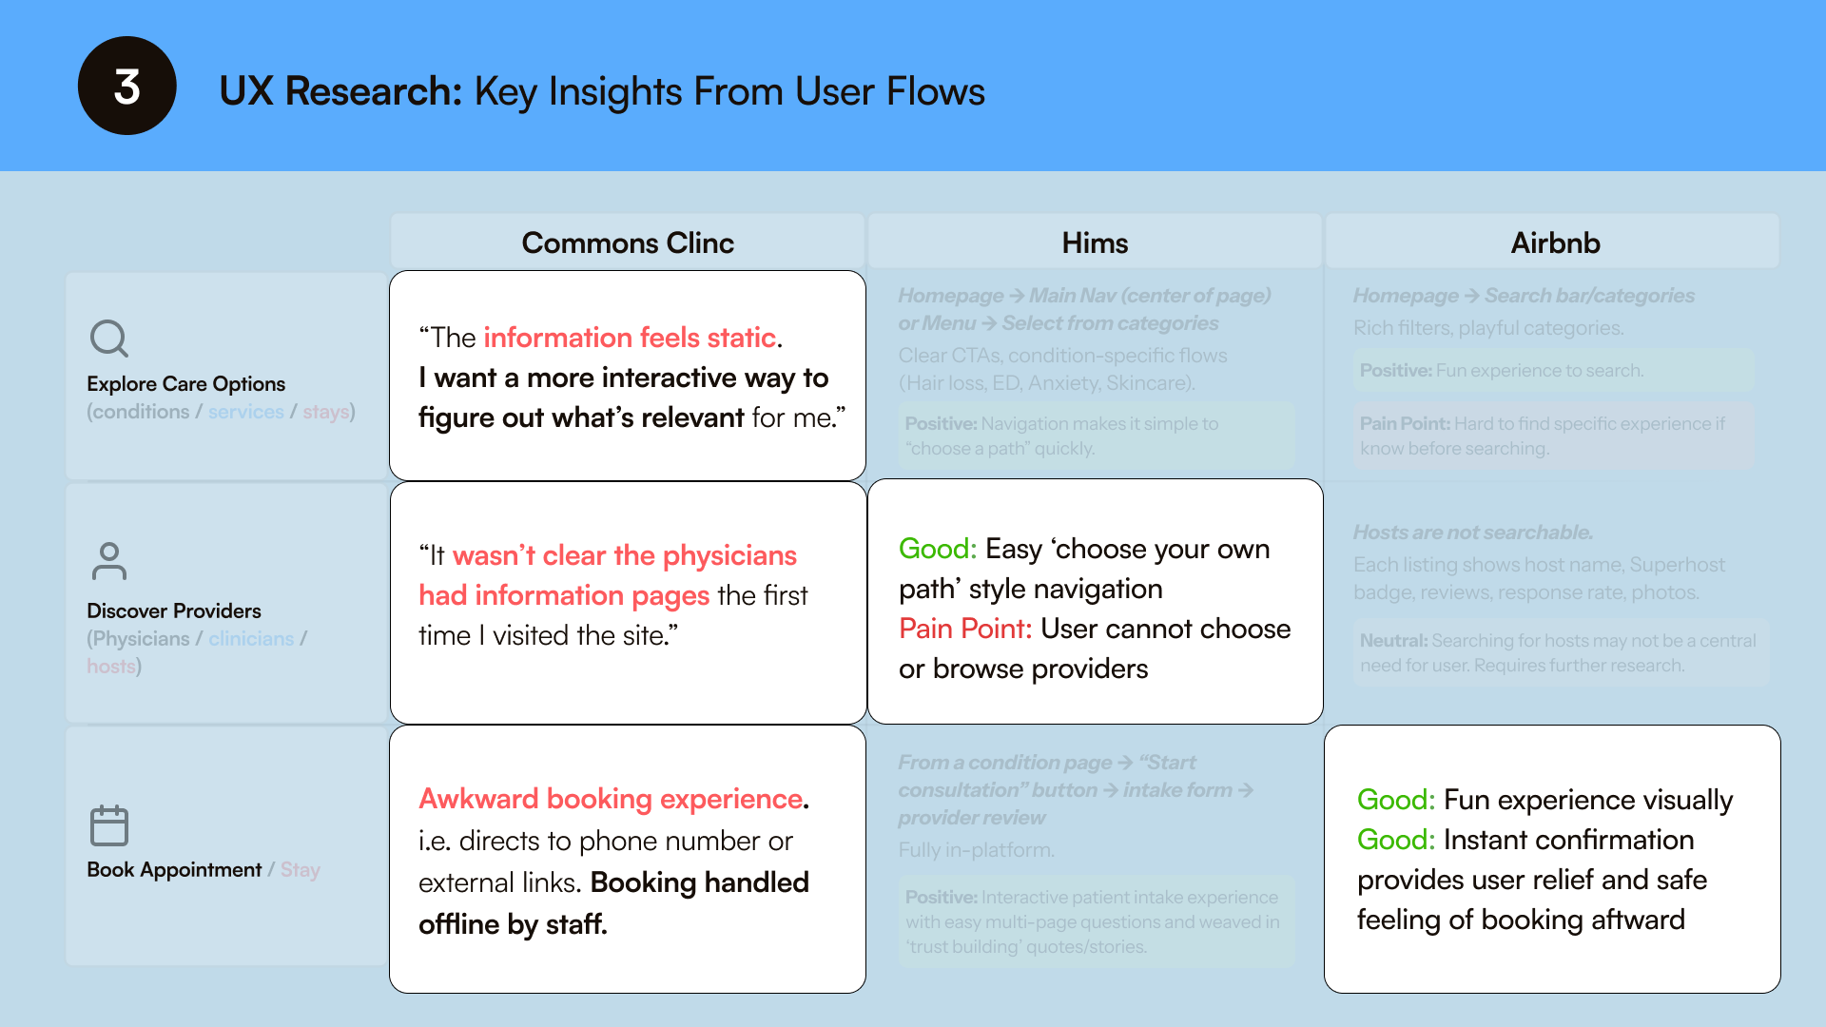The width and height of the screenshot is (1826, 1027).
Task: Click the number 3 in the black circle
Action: (126, 87)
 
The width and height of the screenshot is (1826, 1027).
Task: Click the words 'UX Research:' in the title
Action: (340, 91)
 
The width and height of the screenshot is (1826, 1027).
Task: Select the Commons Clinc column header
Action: (628, 242)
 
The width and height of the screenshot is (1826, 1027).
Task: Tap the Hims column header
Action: (1095, 242)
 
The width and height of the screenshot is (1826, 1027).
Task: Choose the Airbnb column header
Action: (1555, 242)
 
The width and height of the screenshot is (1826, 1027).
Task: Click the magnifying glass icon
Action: (109, 339)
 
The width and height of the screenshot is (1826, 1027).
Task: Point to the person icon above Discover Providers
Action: (109, 561)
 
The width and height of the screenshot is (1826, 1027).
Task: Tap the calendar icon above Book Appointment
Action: (109, 824)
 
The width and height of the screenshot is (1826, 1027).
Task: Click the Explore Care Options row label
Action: (185, 383)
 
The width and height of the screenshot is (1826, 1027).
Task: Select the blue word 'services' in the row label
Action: (245, 412)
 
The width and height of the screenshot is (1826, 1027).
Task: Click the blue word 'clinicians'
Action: (251, 639)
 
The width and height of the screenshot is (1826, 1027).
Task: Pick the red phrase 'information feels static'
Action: (630, 338)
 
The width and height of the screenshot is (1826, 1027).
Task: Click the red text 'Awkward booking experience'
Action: (612, 799)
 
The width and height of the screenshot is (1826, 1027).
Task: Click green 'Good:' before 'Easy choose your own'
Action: (937, 549)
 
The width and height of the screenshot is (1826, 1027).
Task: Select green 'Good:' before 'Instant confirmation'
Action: (1395, 840)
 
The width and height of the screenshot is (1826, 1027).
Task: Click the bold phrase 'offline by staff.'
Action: (513, 924)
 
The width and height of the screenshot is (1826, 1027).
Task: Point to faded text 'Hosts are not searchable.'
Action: (1472, 533)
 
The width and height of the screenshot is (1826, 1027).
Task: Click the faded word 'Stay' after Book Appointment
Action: (301, 870)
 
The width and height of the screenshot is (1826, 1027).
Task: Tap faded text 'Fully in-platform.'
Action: (976, 850)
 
